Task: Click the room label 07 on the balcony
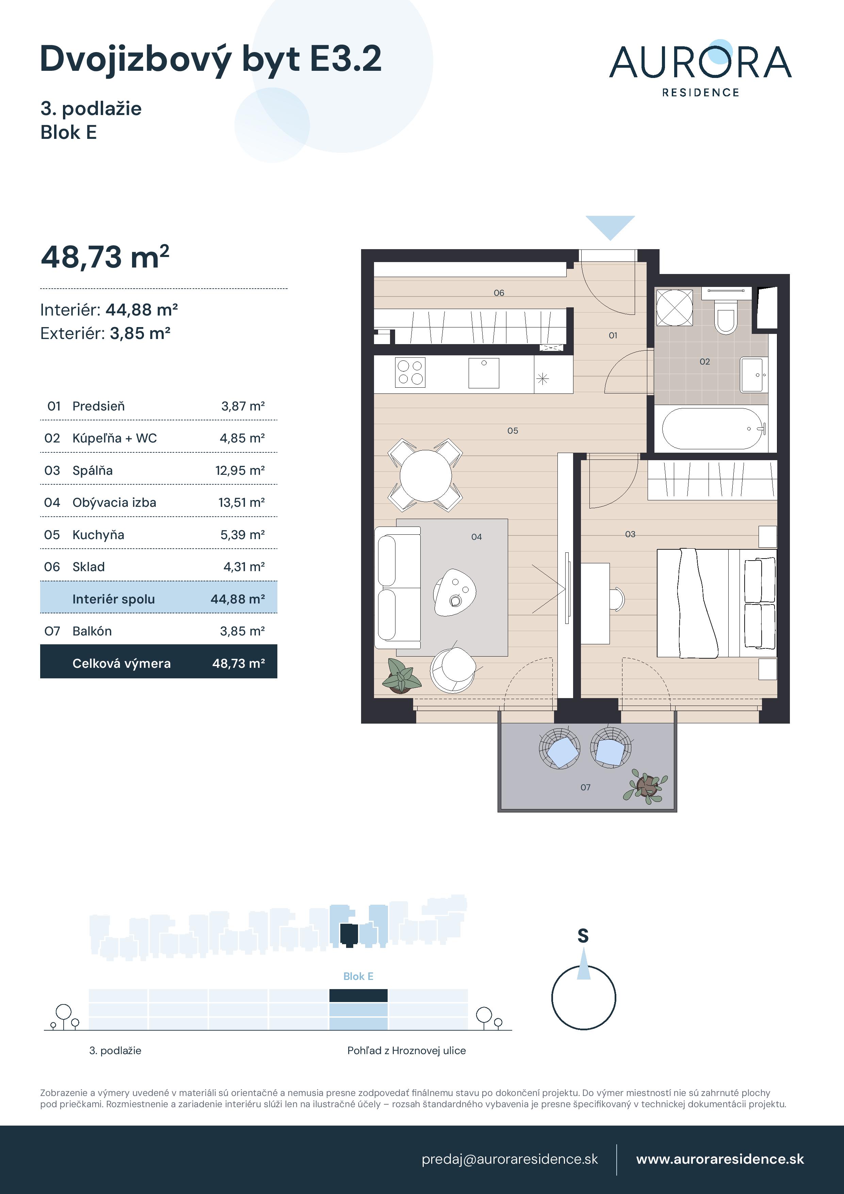[x=586, y=787]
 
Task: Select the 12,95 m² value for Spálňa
[x=240, y=471]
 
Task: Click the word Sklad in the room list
[x=88, y=567]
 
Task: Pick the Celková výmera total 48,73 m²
[x=238, y=664]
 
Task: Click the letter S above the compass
[x=583, y=936]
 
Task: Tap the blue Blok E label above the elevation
[x=358, y=977]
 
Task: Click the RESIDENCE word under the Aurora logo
[x=700, y=93]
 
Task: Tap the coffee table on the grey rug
[x=455, y=593]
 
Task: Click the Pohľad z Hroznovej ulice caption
[x=406, y=1050]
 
